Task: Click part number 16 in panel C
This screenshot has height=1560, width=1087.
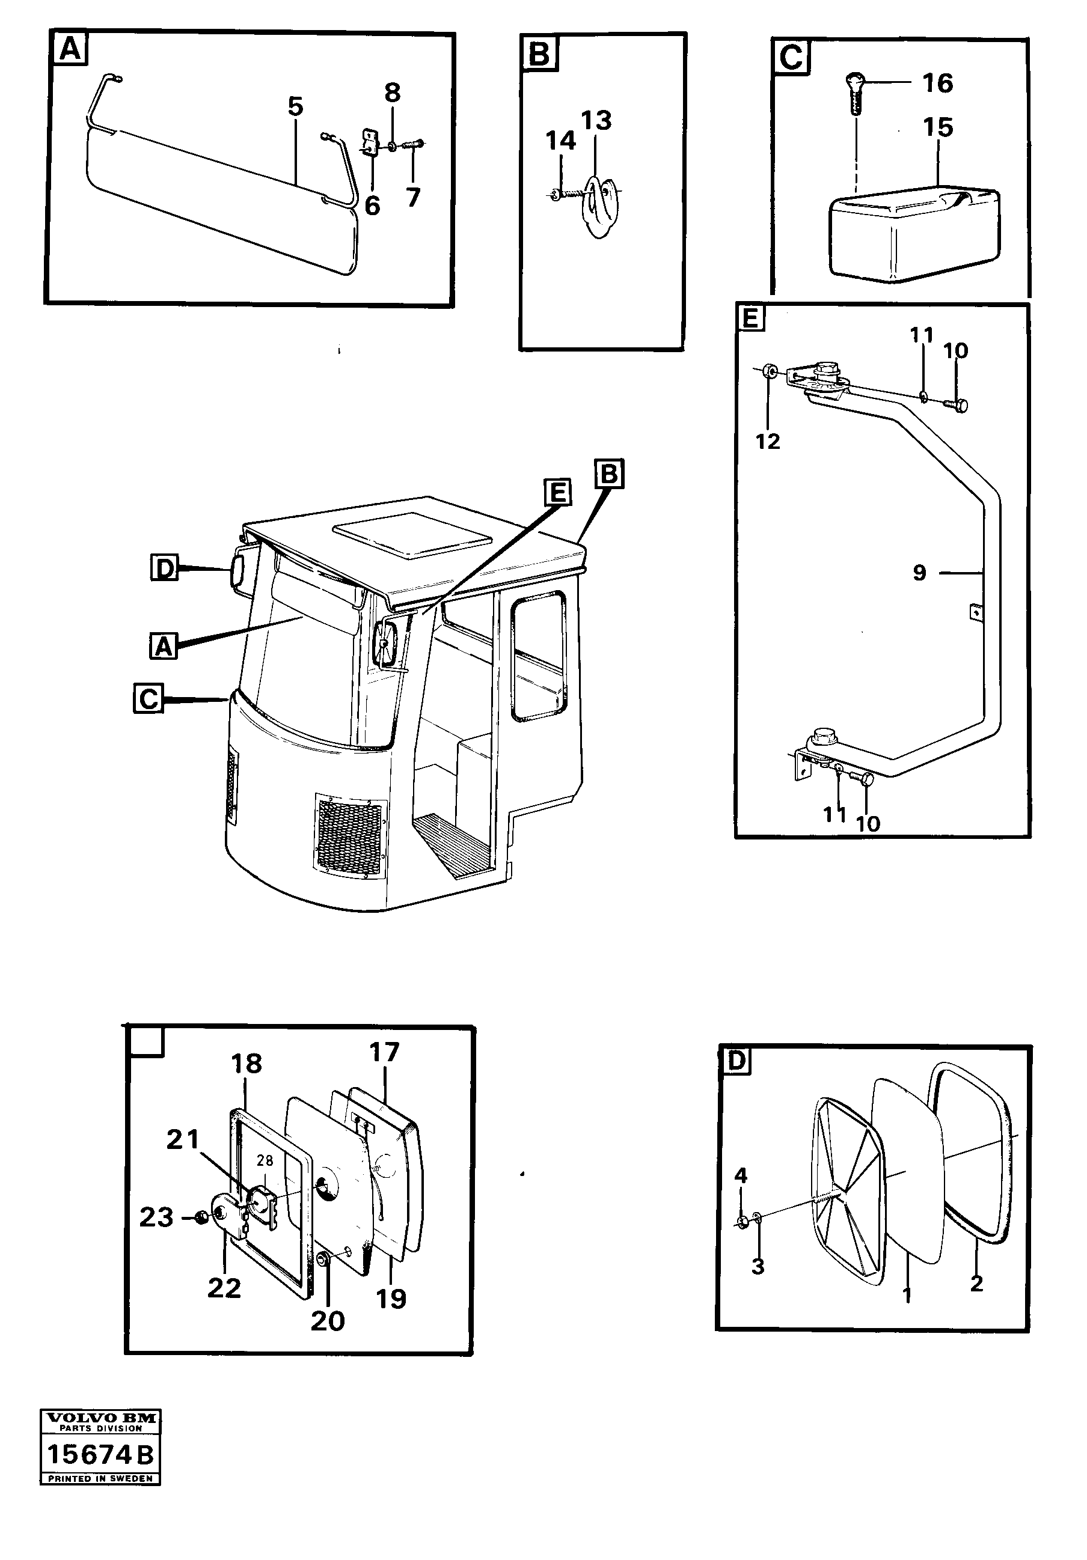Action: (937, 83)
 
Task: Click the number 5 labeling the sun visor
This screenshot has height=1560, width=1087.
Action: (295, 107)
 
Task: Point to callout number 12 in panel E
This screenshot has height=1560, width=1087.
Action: (768, 441)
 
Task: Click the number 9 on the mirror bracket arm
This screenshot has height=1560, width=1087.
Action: (919, 573)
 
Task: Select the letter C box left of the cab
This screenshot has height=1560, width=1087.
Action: (148, 698)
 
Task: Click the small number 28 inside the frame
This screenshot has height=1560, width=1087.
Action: (265, 1180)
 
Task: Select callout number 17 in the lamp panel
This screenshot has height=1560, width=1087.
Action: (384, 1071)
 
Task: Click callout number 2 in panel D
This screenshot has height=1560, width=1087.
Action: (976, 1284)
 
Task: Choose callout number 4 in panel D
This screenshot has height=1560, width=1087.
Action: (741, 1175)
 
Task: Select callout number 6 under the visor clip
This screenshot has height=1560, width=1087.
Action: (372, 205)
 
